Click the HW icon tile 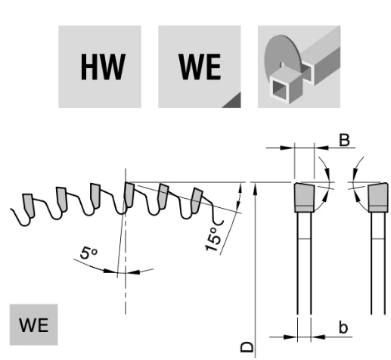pyautogui.click(x=100, y=67)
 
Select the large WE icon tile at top pyautogui.click(x=200, y=67)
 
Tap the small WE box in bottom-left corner pyautogui.click(x=34, y=324)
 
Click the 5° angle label pyautogui.click(x=88, y=253)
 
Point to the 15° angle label pyautogui.click(x=213, y=239)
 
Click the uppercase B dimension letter pyautogui.click(x=344, y=140)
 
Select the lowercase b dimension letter pyautogui.click(x=343, y=327)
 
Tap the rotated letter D pyautogui.click(x=247, y=347)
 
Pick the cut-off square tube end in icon pyautogui.click(x=285, y=85)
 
